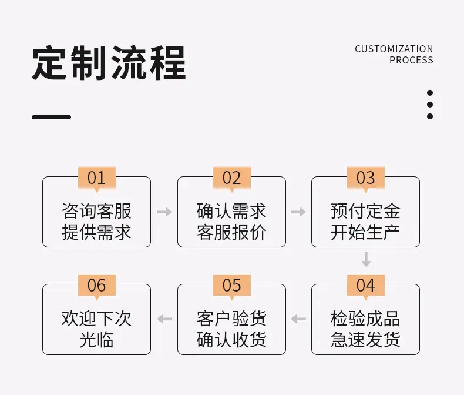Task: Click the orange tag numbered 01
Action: click(97, 178)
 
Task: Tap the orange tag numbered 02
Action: click(232, 178)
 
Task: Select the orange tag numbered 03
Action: click(366, 178)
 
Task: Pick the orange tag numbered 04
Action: click(366, 286)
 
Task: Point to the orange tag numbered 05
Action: click(232, 286)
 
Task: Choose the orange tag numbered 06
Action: click(97, 286)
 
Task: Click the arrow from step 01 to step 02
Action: click(164, 212)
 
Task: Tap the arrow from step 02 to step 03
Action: click(298, 212)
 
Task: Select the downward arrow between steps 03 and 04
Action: click(367, 259)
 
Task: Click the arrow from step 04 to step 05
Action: click(298, 319)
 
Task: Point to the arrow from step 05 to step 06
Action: click(164, 319)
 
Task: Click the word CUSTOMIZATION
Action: click(394, 49)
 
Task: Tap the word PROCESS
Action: click(411, 60)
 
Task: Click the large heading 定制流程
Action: click(109, 63)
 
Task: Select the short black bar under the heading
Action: click(52, 117)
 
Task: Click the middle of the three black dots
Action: click(430, 105)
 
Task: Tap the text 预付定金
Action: click(365, 211)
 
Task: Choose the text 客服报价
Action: click(231, 232)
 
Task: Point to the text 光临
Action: click(96, 339)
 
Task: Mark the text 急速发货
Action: click(365, 339)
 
